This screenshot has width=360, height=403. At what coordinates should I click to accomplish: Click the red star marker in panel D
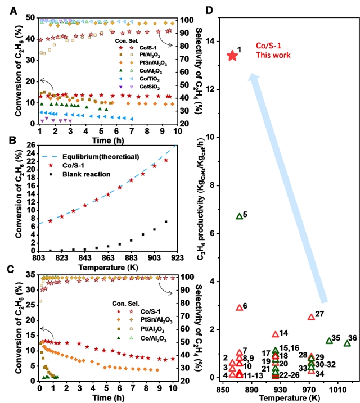(232, 55)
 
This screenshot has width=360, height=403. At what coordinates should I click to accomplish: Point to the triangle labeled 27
(311, 317)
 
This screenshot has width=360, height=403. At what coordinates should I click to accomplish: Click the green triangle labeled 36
(347, 343)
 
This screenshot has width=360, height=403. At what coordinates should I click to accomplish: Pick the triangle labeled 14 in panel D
(275, 334)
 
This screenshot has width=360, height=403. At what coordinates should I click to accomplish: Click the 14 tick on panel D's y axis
(211, 42)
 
